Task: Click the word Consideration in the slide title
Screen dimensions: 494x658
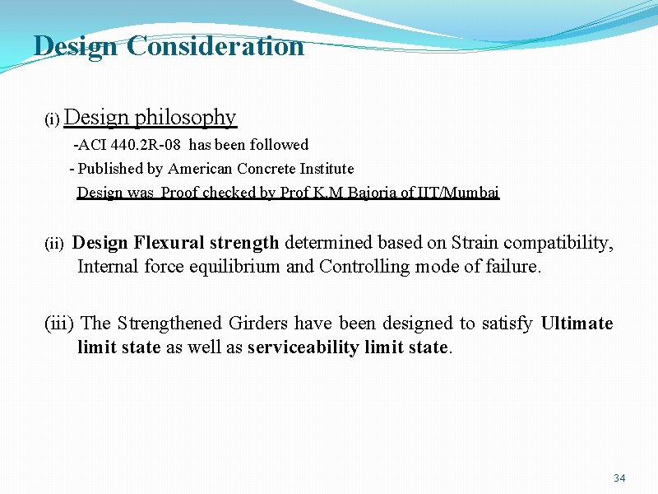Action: point(215,46)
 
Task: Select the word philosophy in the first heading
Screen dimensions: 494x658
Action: point(186,118)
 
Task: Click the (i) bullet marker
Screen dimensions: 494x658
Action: point(52,120)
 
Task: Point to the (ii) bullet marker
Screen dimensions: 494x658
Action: point(53,244)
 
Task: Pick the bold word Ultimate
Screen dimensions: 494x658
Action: point(577,324)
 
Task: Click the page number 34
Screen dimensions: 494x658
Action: point(620,478)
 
